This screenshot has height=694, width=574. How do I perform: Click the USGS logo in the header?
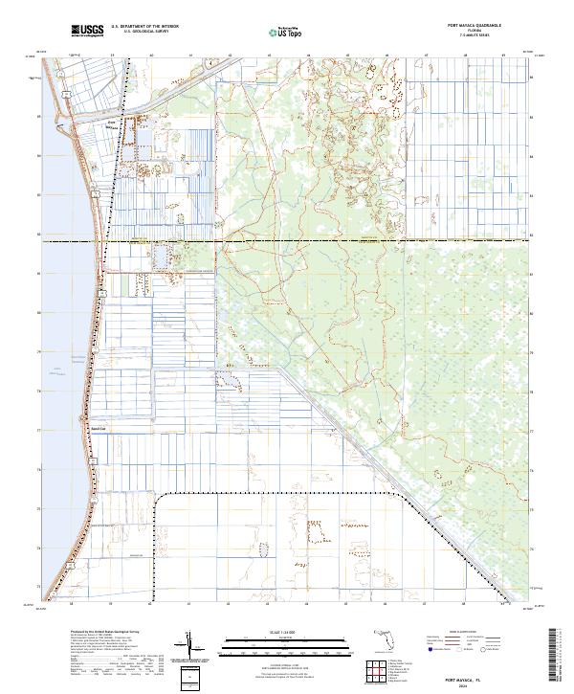[87, 32]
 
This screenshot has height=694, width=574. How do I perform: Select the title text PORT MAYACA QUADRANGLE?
[474, 24]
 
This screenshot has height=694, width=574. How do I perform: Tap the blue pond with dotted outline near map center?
[226, 377]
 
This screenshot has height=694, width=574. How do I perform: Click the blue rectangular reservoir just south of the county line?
[159, 256]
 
